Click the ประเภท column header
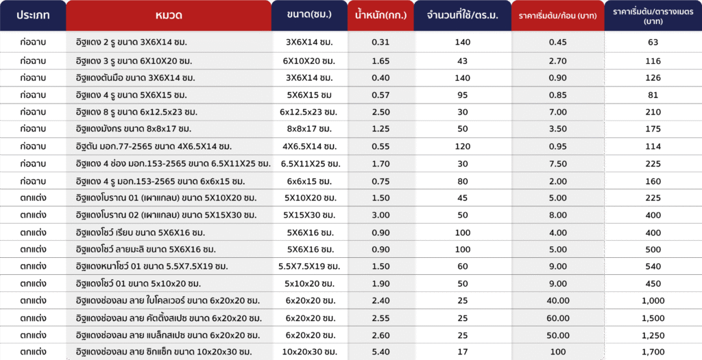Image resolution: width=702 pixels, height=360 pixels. [33, 15]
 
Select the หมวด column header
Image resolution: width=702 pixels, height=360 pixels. [169, 15]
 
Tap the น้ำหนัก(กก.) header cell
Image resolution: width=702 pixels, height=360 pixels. [380, 15]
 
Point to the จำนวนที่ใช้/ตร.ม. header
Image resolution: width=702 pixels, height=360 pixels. [463, 15]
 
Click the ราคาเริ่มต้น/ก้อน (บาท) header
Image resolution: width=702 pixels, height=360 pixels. [558, 16]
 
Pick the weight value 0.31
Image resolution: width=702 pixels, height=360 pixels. [380, 42]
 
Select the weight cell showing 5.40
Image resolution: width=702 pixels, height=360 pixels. [380, 352]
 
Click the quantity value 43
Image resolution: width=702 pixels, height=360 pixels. [463, 61]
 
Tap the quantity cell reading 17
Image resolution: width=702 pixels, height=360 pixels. [463, 352]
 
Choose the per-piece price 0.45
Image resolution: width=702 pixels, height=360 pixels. [558, 42]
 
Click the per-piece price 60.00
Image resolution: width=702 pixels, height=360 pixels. [558, 318]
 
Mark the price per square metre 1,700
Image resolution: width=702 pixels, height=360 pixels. [653, 352]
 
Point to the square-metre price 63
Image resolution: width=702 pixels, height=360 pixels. [653, 42]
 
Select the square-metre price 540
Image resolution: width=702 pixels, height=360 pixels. [653, 267]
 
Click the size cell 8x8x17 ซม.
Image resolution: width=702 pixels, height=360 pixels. [309, 129]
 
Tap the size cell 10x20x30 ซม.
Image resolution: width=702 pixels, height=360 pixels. [309, 352]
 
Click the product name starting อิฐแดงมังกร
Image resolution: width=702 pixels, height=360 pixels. [134, 129]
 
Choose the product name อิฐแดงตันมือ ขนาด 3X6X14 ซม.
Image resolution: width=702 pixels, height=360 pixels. [135, 78]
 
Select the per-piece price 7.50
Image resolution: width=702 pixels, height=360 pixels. [558, 164]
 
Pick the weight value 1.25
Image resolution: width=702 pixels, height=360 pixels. [380, 129]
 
